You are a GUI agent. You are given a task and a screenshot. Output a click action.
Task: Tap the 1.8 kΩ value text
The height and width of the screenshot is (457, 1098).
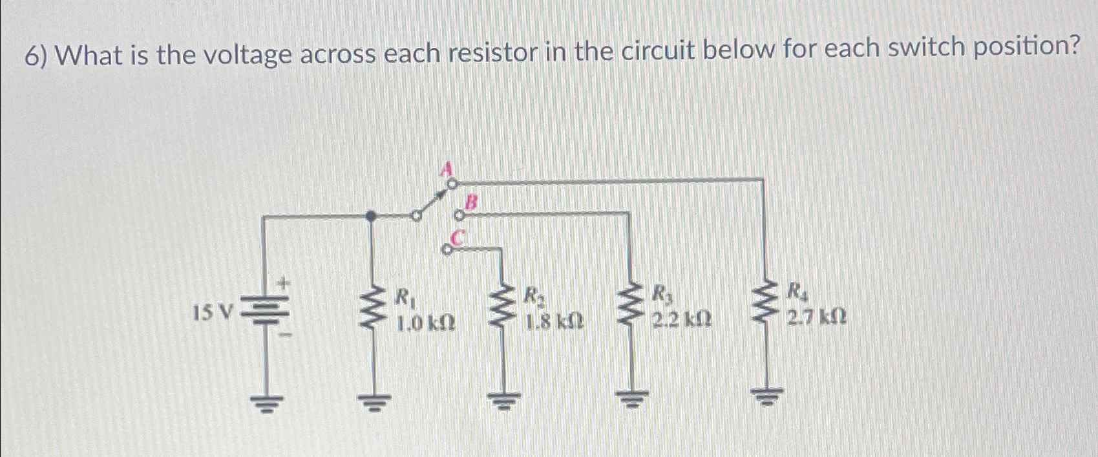click(554, 321)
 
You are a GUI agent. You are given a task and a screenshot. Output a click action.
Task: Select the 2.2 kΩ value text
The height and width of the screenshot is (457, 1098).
click(682, 319)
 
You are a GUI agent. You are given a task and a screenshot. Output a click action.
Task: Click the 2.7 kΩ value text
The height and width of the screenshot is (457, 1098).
click(816, 317)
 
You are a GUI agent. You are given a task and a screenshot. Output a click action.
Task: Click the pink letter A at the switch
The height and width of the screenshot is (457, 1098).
click(445, 169)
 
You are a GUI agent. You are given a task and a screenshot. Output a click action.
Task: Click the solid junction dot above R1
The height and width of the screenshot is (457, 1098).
click(370, 217)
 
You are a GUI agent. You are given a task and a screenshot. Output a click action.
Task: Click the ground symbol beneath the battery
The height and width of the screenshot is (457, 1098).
click(266, 403)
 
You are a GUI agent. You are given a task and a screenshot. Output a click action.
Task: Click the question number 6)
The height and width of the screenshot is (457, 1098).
click(37, 57)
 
